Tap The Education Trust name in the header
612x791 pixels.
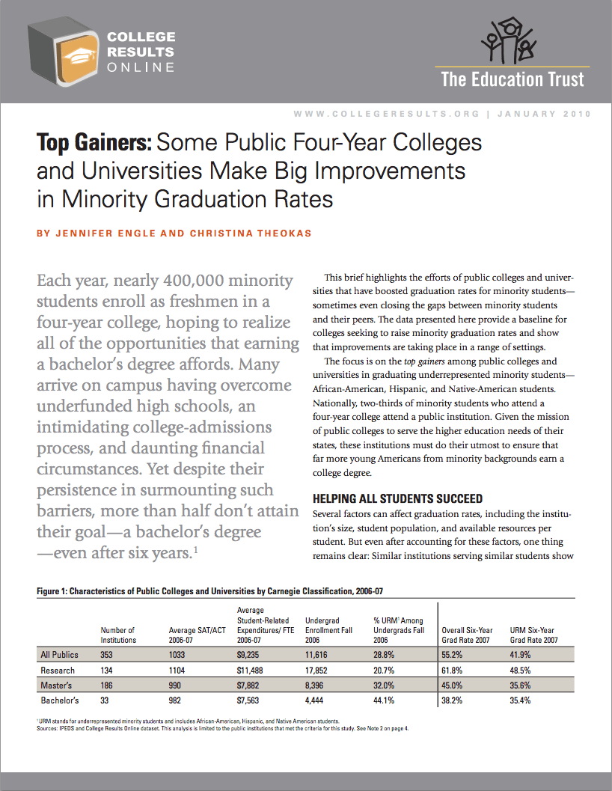(512, 79)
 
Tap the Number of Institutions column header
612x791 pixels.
(118, 635)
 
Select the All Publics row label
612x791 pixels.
(59, 655)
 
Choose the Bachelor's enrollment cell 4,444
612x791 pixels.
(316, 701)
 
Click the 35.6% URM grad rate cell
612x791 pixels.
(522, 685)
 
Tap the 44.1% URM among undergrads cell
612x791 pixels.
(385, 701)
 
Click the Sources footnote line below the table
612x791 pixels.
(224, 727)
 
